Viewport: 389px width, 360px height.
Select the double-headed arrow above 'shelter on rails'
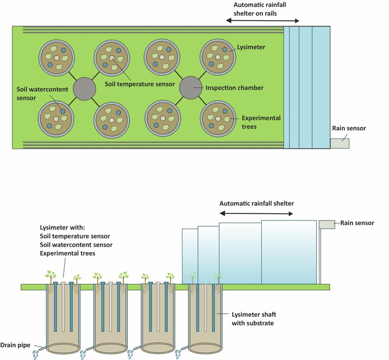click(x=262, y=21)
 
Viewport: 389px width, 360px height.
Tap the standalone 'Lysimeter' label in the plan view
click(x=253, y=47)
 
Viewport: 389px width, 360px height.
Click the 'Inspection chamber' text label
click(x=234, y=88)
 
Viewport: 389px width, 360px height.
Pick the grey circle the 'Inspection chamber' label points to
click(x=191, y=88)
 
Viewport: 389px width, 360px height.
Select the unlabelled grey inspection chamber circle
click(x=84, y=88)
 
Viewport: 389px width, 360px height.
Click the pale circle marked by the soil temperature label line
click(x=111, y=58)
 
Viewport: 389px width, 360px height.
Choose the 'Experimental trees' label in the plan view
click(x=261, y=122)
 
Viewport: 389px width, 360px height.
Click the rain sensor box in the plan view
click(x=340, y=143)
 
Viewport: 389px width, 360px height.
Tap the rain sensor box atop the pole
click(x=326, y=224)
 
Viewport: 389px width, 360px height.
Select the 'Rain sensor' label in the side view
click(x=357, y=222)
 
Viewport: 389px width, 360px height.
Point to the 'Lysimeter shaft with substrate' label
click(x=253, y=319)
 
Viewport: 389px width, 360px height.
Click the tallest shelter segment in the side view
click(x=288, y=252)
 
